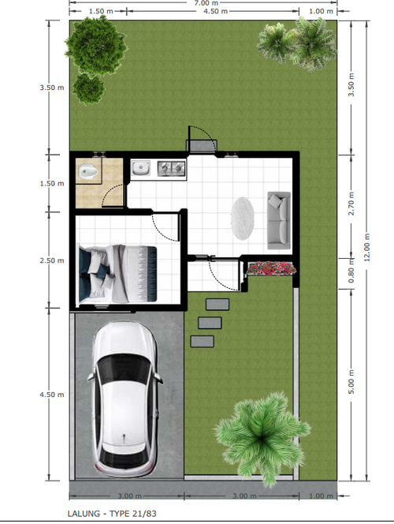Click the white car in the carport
click(125, 399)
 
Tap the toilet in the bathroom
click(89, 171)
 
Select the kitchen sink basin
click(140, 168)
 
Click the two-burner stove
click(171, 168)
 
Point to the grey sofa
click(279, 220)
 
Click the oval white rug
click(243, 219)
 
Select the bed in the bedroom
click(117, 274)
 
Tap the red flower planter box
click(271, 268)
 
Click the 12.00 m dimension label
click(367, 247)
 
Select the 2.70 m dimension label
click(351, 204)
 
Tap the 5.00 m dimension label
click(351, 382)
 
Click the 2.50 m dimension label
click(52, 260)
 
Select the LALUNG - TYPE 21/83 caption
click(112, 514)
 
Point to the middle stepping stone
click(210, 323)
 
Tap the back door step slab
click(202, 146)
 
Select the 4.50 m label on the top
click(215, 11)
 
